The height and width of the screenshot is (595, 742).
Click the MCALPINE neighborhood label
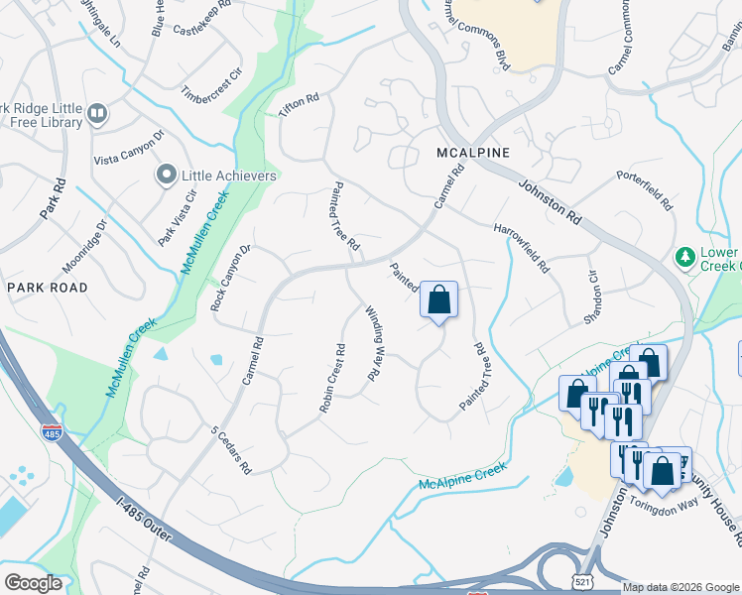[473, 153]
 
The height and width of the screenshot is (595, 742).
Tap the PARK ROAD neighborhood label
[47, 288]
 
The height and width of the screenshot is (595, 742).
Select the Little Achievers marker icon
[166, 176]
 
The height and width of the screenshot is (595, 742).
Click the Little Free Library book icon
[97, 114]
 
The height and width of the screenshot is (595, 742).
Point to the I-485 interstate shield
[52, 432]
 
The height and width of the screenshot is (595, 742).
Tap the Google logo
[33, 582]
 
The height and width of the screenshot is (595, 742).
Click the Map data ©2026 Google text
[680, 587]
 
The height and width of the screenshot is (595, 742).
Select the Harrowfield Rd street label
[522, 248]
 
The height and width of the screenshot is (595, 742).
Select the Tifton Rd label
[299, 106]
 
